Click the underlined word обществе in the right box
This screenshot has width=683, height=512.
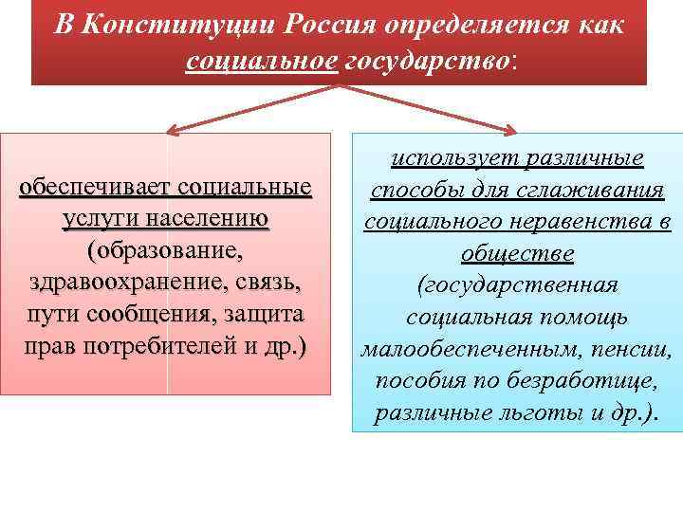tap(517, 255)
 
